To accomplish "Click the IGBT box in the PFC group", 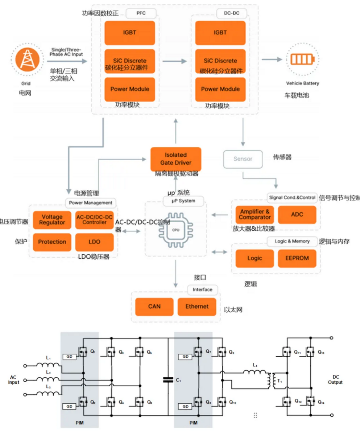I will click(x=130, y=32).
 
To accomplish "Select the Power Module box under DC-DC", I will click(x=220, y=89).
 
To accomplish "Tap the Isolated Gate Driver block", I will click(x=175, y=159).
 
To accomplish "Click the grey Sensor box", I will click(x=243, y=159).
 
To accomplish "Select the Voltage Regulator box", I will click(x=52, y=219).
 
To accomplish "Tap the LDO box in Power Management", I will click(x=94, y=242).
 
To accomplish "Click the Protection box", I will click(x=52, y=242).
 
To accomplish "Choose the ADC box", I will click(x=297, y=215).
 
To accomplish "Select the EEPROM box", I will click(x=297, y=259).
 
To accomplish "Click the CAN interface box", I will click(x=154, y=306).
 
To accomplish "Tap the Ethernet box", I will click(x=197, y=306).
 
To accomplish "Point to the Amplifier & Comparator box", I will click(x=255, y=215).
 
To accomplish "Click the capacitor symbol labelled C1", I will click(x=168, y=380).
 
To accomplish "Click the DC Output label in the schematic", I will click(x=335, y=380).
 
